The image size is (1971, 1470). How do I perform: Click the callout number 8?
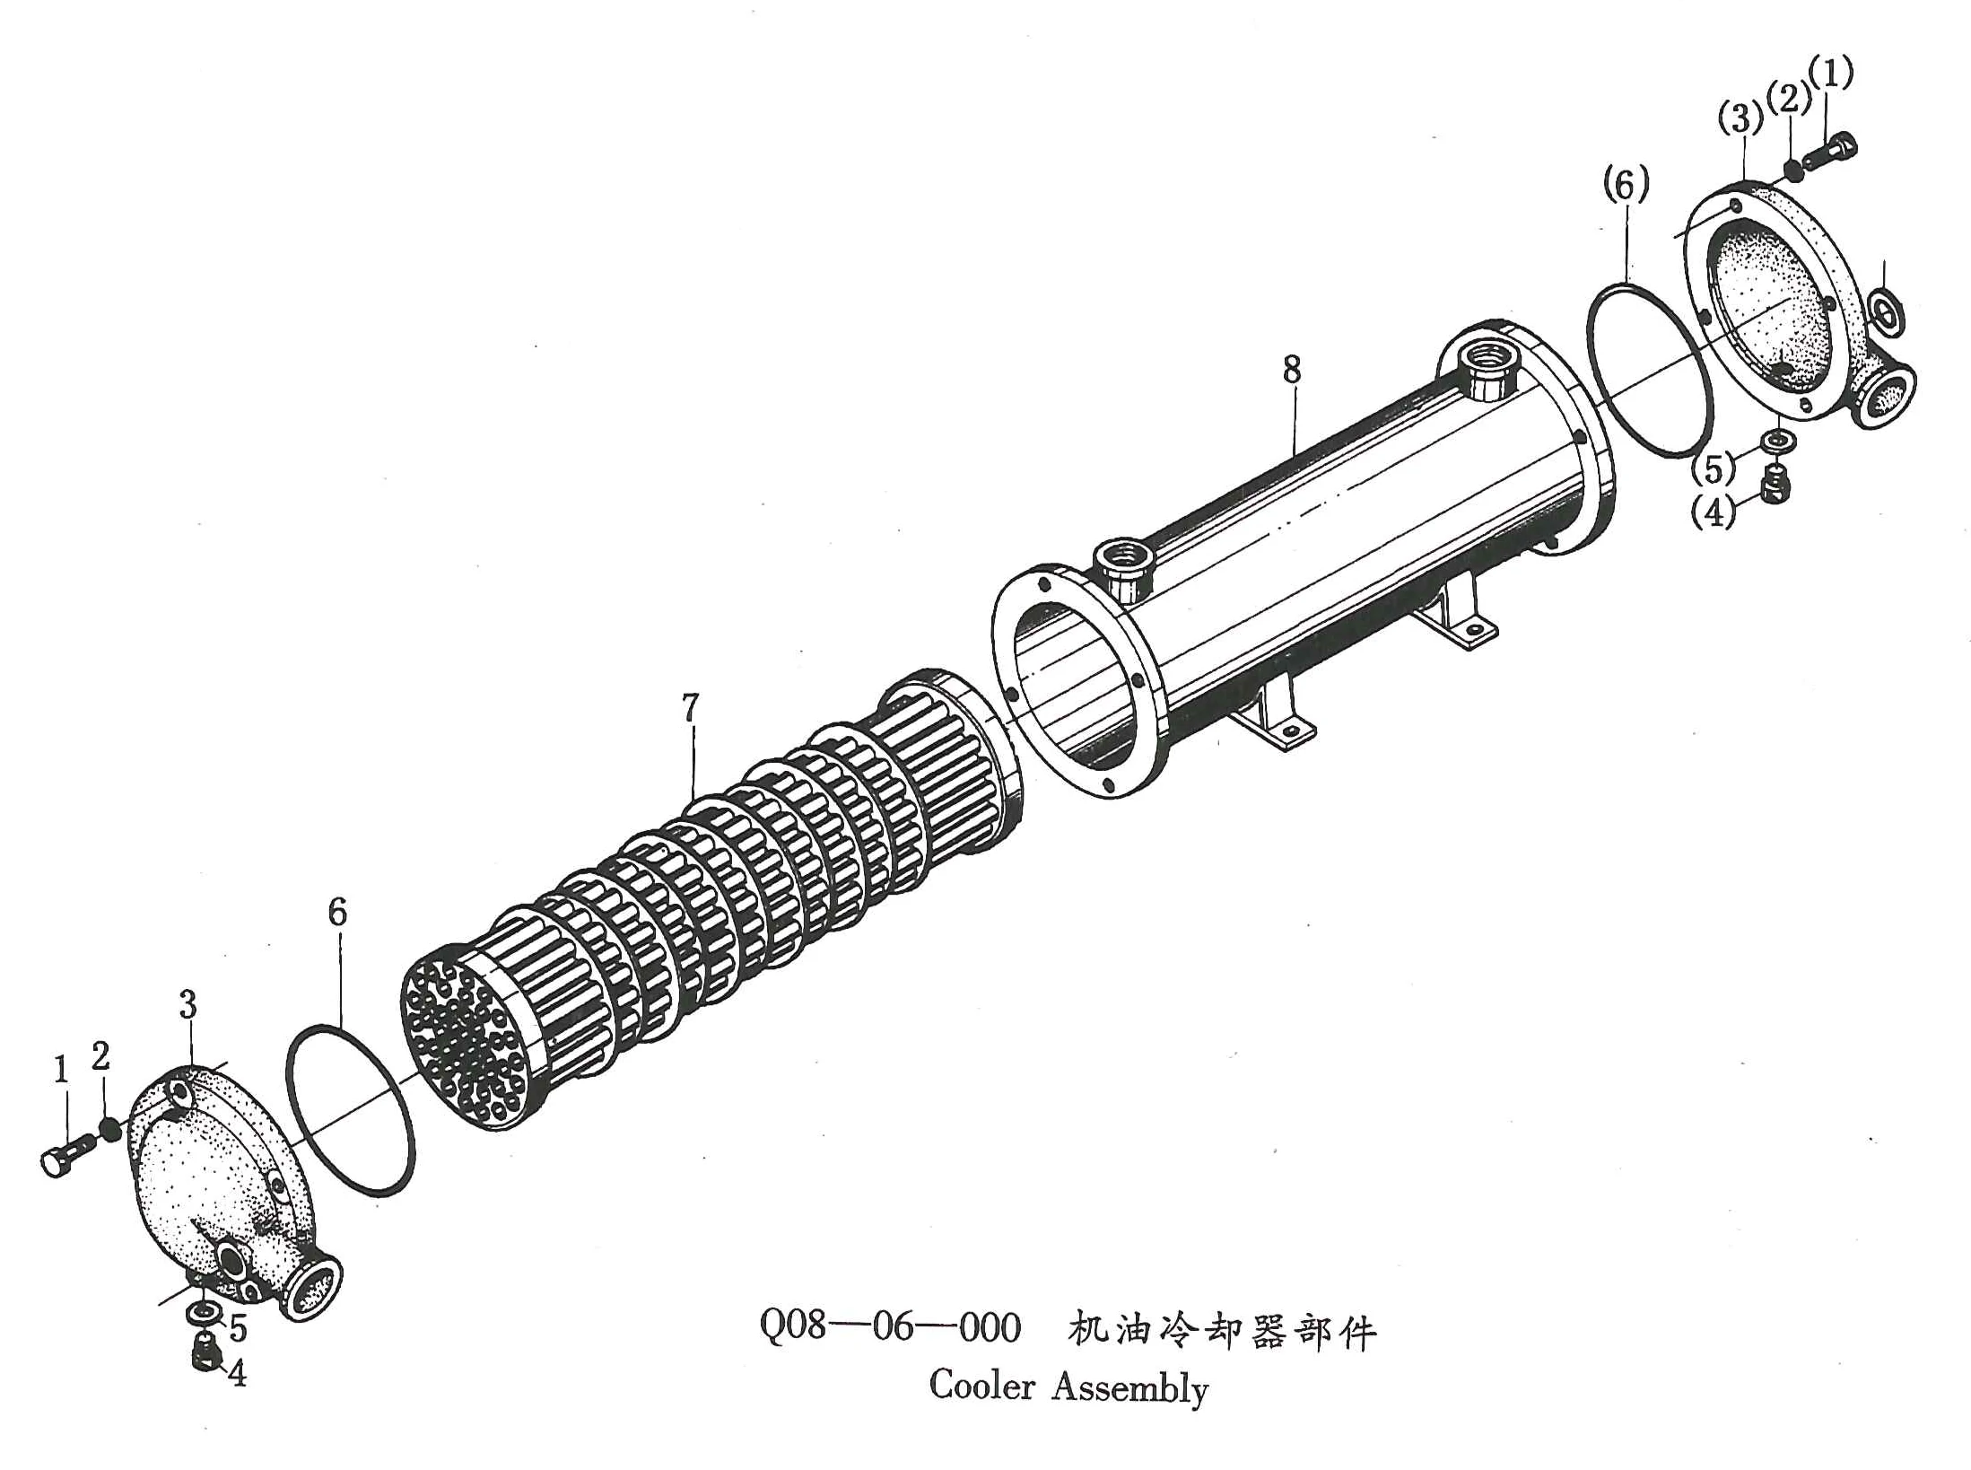(1291, 369)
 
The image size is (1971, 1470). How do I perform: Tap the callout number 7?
(689, 708)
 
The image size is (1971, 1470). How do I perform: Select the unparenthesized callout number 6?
(337, 912)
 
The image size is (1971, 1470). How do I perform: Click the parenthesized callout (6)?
(1626, 186)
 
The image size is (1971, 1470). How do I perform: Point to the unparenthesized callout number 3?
(188, 1004)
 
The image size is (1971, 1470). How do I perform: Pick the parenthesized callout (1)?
(1831, 72)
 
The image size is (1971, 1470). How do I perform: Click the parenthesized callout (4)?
(1713, 512)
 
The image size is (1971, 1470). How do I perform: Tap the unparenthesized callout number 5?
(238, 1327)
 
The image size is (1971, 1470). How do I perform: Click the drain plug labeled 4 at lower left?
(205, 1351)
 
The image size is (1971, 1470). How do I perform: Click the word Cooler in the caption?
(981, 1386)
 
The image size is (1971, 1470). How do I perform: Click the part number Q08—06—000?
(890, 1326)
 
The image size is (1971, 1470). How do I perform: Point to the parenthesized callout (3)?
(1740, 118)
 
